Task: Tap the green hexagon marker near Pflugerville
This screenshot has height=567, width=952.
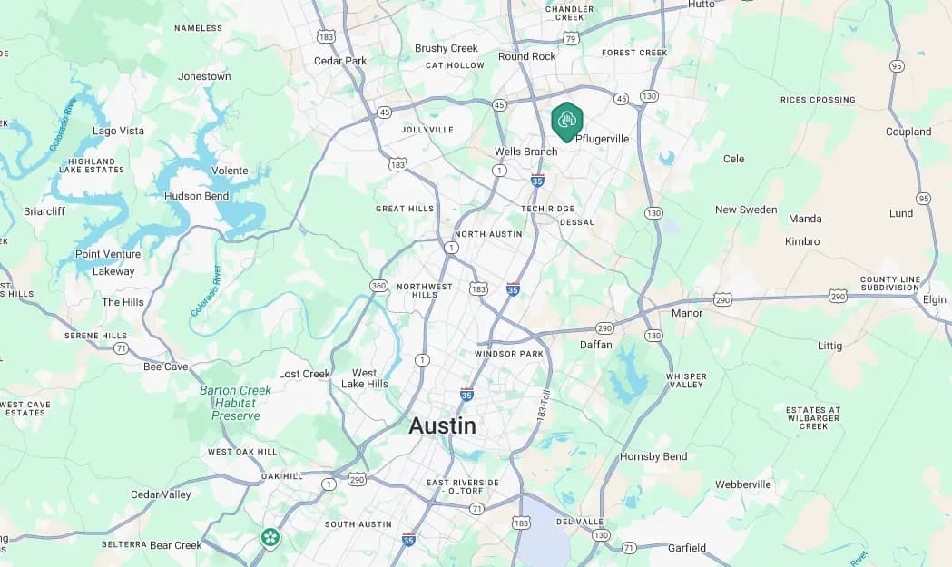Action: click(x=567, y=122)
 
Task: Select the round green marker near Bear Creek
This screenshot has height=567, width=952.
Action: click(x=270, y=537)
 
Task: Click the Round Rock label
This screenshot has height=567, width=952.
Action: click(x=526, y=56)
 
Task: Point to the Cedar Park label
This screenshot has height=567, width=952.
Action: click(x=340, y=61)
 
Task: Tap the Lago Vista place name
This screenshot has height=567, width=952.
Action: click(x=118, y=131)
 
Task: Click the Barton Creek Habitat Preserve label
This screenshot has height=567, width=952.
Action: click(x=235, y=403)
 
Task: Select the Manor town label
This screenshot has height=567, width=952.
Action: click(x=687, y=313)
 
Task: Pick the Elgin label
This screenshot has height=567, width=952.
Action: click(x=934, y=299)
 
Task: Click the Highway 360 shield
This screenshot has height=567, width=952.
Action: click(x=378, y=286)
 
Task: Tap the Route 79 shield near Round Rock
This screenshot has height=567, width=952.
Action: click(x=570, y=38)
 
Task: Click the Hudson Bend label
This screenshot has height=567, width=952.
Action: click(x=197, y=196)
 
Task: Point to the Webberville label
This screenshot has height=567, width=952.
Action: click(x=742, y=484)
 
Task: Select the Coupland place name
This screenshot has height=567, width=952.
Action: click(x=908, y=132)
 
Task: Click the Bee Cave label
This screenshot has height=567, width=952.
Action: click(x=166, y=367)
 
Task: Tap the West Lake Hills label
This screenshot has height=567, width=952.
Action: click(x=364, y=378)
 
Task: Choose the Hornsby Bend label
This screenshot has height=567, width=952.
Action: click(x=653, y=456)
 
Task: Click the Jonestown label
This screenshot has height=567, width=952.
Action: click(x=204, y=76)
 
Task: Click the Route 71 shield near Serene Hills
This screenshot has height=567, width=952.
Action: click(x=121, y=348)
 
